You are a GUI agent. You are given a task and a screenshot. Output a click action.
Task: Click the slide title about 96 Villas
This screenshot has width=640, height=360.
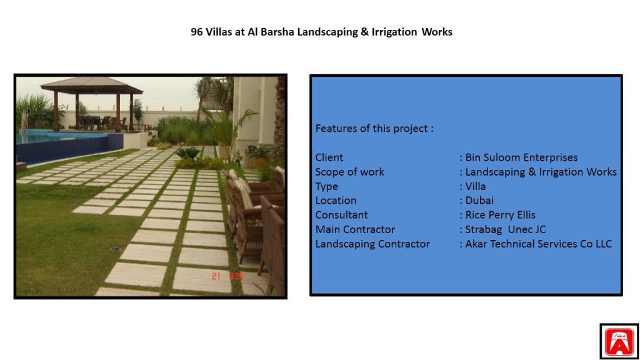[321, 32]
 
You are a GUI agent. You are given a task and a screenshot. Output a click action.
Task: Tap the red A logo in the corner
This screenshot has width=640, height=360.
[619, 342]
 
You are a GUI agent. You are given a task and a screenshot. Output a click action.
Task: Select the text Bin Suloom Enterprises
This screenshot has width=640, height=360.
[521, 157]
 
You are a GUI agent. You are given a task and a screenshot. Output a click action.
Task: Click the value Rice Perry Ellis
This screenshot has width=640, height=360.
[500, 215]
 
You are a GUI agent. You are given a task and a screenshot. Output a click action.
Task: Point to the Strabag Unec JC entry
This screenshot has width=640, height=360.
[505, 229]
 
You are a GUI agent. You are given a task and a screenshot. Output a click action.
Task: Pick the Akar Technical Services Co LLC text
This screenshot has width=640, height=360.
[538, 244]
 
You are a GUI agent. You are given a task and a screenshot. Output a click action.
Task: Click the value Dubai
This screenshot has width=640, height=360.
[479, 201]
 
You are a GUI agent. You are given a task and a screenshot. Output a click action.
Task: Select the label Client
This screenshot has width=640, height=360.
[329, 157]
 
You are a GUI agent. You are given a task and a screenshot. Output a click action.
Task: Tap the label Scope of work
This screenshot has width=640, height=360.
[349, 172]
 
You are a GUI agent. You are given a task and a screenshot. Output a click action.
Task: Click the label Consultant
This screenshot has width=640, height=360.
[341, 215]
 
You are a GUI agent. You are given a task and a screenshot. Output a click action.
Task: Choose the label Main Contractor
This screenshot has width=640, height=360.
[355, 229]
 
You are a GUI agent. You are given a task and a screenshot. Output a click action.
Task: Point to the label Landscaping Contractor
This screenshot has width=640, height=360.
[372, 244]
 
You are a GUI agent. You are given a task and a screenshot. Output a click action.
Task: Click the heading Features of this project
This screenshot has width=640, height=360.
[374, 129]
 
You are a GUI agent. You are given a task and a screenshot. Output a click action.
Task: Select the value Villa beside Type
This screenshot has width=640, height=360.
[476, 186]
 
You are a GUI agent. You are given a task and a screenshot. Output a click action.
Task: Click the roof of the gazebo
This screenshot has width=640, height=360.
[92, 84]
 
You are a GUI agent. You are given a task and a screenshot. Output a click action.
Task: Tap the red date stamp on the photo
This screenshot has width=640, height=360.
[227, 276]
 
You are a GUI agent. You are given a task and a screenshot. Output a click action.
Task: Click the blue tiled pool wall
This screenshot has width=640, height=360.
[69, 149]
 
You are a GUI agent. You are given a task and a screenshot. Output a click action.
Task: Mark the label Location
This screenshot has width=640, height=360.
[336, 201]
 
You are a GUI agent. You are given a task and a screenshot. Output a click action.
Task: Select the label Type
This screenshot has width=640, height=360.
[326, 186]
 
